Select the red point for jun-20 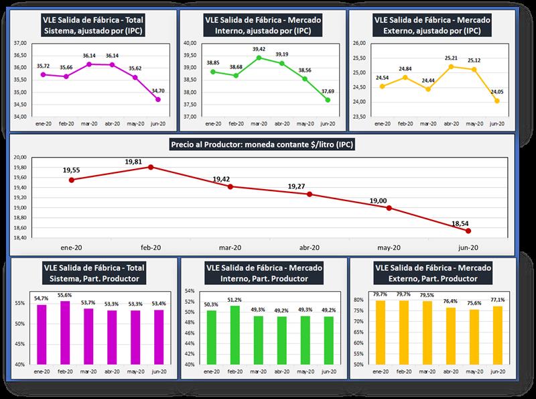[468, 231]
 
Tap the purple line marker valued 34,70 [157, 100]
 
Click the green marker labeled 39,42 [259, 58]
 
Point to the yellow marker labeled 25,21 [451, 66]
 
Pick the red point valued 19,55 [71, 180]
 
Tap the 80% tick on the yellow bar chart [359, 300]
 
